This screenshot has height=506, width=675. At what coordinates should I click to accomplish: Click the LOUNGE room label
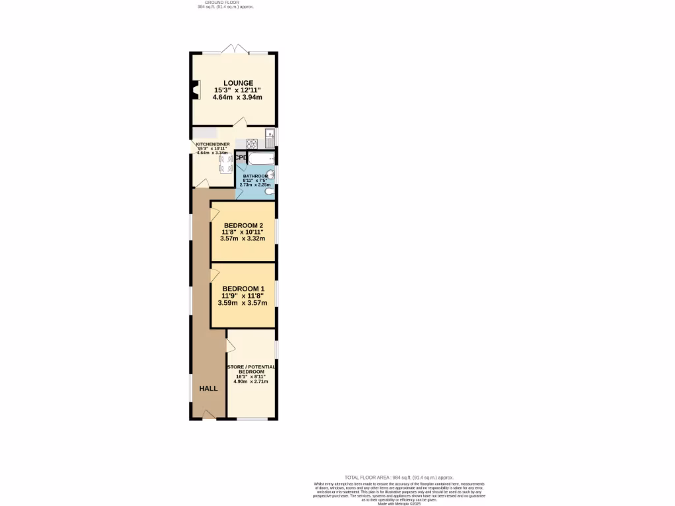[x=237, y=83]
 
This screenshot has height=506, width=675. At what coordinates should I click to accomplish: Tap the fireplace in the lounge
[x=195, y=89]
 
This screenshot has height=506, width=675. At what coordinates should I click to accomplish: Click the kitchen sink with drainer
[x=270, y=138]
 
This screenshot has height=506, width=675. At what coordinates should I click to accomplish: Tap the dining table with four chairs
[x=225, y=163]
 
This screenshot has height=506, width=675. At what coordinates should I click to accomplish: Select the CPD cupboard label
[x=241, y=157]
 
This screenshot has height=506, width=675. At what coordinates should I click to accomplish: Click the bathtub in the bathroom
[x=261, y=159]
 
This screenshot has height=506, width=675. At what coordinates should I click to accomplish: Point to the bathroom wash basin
[x=272, y=174]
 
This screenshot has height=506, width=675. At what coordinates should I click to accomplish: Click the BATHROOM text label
[x=256, y=177]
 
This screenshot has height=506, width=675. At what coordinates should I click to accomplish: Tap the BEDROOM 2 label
[x=243, y=225]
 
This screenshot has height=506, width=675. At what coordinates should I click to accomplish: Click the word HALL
[x=208, y=389]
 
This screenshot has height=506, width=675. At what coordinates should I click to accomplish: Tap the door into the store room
[x=230, y=345]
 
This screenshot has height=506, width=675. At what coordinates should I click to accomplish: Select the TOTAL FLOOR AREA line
[x=399, y=477]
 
